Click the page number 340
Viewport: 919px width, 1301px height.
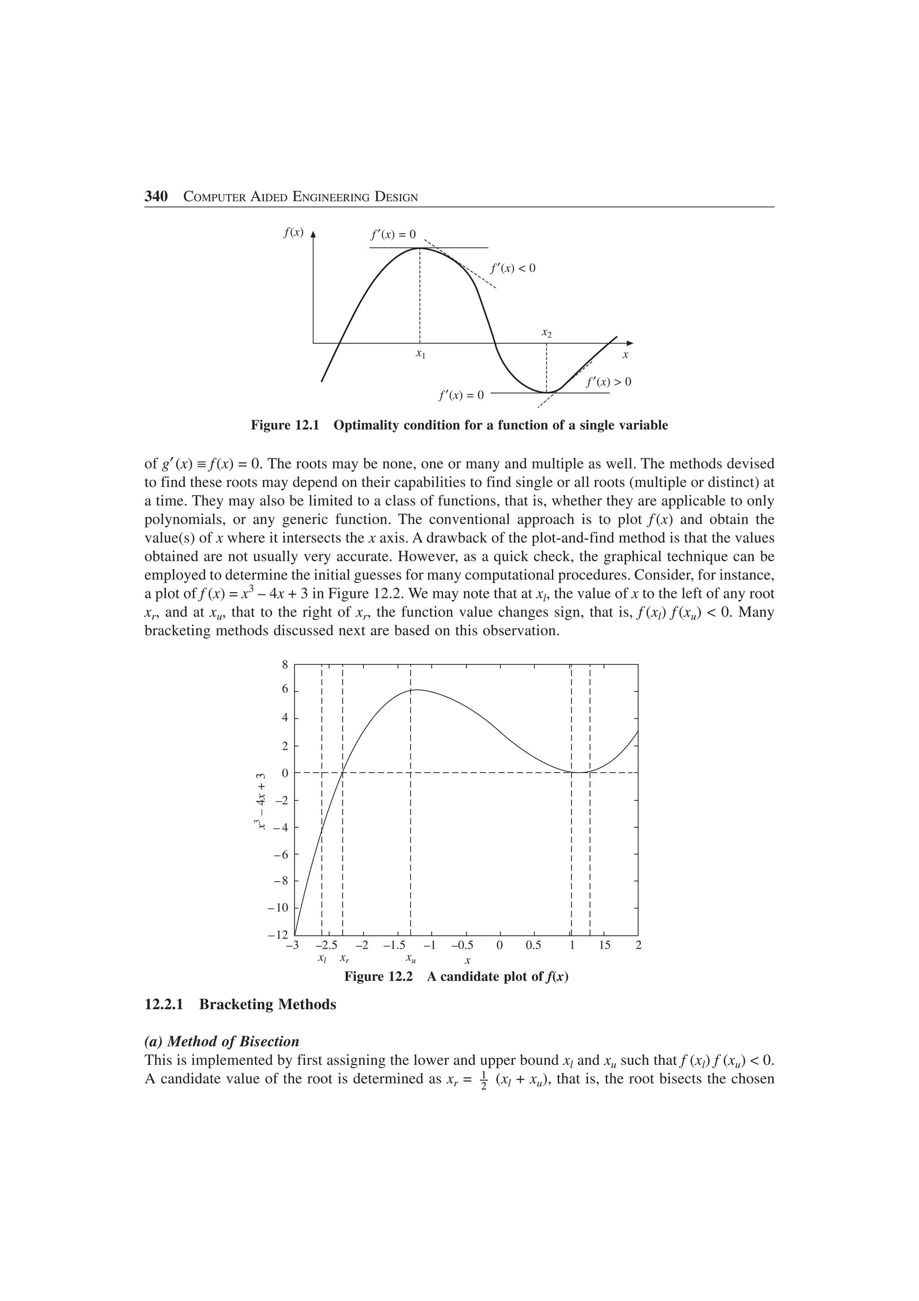click(x=156, y=197)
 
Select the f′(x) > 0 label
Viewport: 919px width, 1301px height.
click(x=608, y=382)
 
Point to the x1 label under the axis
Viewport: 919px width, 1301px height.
click(x=420, y=354)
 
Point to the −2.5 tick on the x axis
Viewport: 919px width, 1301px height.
click(x=326, y=945)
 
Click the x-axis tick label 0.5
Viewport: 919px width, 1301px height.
click(x=534, y=945)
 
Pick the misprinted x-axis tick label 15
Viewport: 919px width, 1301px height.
click(x=605, y=945)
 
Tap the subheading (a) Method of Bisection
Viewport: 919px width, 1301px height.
click(x=222, y=1042)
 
